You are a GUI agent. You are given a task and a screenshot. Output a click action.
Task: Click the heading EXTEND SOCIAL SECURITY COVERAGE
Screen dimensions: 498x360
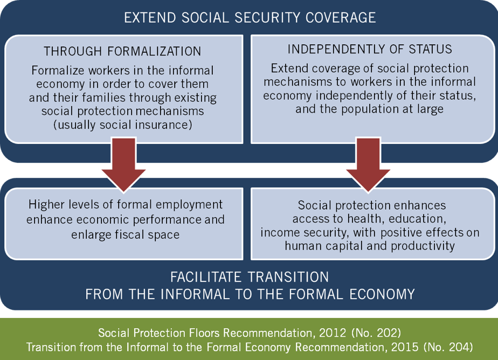point(250,18)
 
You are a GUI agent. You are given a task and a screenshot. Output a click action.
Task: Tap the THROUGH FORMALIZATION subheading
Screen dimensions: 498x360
point(122,51)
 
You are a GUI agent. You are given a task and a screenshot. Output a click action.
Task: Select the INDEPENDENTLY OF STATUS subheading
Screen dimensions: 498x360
point(370,49)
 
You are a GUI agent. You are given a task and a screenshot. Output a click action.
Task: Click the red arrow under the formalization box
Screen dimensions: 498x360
point(123,164)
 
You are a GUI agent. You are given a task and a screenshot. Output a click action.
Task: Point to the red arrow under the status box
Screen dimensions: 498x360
point(368,164)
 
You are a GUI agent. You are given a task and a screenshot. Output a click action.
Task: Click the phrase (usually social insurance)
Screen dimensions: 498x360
point(122,125)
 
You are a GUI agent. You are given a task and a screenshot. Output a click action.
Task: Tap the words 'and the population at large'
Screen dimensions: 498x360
point(369,109)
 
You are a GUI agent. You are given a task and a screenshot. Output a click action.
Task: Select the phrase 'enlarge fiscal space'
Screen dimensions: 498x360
point(125,234)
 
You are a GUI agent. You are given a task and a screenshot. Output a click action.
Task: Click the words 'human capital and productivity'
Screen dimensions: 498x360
point(370,246)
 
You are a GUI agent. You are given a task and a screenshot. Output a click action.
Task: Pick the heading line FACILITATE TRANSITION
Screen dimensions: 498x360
point(250,277)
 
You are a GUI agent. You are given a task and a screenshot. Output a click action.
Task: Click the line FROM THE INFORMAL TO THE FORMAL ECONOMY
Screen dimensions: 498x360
point(250,294)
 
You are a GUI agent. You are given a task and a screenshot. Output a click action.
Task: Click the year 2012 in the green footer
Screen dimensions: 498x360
point(333,333)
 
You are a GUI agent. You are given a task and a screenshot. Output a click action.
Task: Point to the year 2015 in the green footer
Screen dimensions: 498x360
point(405,347)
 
